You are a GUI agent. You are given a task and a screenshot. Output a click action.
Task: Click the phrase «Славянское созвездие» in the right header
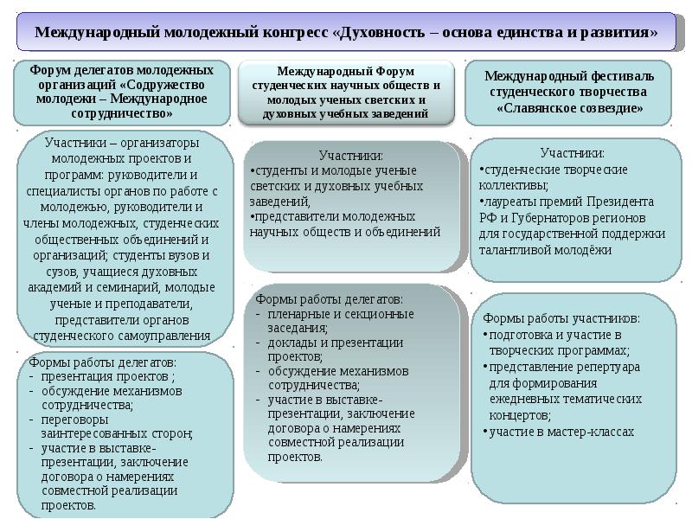[x=569, y=108]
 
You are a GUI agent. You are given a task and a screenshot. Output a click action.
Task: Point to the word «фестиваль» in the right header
[x=617, y=75]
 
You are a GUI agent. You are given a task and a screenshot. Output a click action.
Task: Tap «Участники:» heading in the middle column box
[x=351, y=156]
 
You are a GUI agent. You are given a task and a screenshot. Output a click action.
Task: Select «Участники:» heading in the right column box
[x=573, y=154]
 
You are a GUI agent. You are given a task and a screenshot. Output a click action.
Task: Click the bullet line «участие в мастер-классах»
[x=562, y=431]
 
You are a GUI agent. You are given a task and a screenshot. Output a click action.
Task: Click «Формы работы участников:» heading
[x=561, y=318]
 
